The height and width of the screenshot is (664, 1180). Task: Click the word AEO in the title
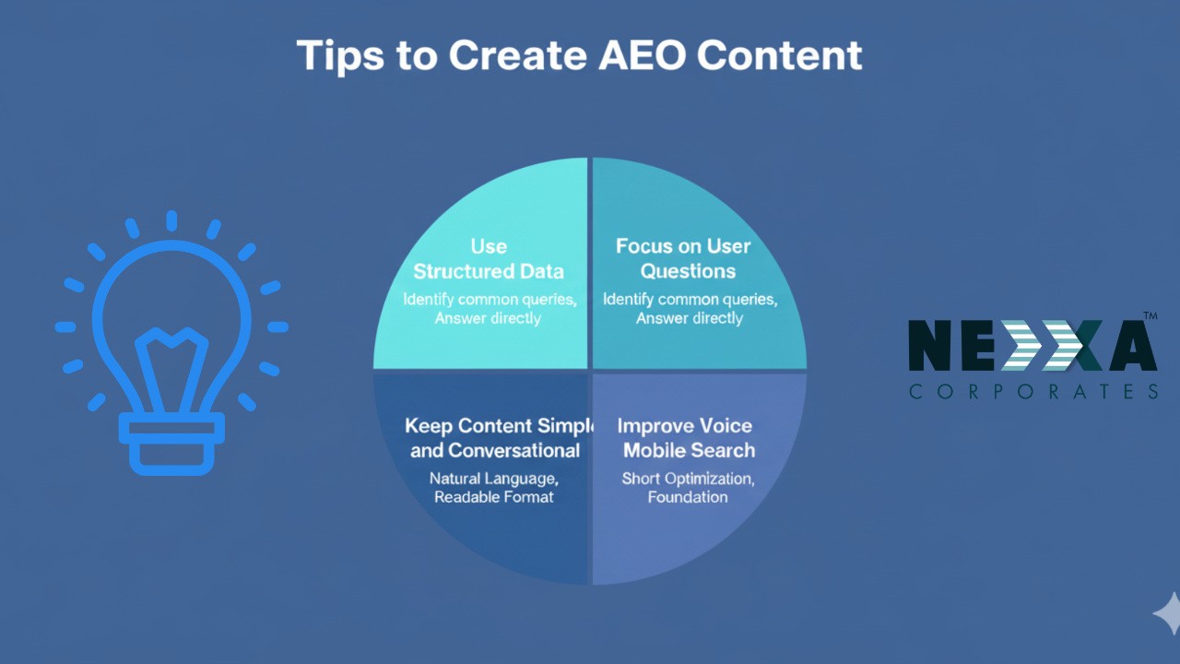coord(642,54)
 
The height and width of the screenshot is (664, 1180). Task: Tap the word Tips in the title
coord(340,56)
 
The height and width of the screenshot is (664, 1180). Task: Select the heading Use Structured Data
coord(489,259)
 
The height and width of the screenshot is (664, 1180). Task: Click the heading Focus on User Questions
coord(683,258)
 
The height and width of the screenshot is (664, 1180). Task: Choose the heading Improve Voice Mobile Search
coord(687,438)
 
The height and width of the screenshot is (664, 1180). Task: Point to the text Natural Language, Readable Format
coord(493,488)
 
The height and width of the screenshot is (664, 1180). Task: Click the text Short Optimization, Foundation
coord(688,488)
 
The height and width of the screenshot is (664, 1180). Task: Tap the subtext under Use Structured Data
coord(490,308)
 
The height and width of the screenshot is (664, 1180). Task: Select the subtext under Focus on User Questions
coord(690,308)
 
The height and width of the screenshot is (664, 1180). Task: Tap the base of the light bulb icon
coord(171,444)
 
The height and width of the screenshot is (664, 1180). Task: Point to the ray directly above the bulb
coord(171,220)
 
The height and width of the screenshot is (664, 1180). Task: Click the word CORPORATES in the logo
coord(1033,392)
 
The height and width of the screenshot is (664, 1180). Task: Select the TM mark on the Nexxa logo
coord(1150,315)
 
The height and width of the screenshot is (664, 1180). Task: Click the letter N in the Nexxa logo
coord(929,345)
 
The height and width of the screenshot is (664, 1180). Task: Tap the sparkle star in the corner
coord(1167,613)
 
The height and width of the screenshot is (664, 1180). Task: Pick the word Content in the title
coord(780,54)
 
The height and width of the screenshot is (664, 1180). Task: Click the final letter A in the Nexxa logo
coord(1134,345)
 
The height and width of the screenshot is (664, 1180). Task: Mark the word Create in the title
coord(517,54)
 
